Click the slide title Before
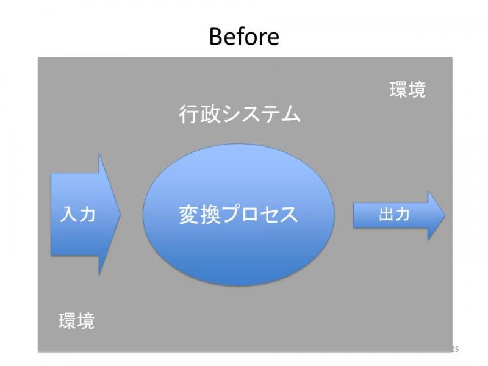(x=245, y=37)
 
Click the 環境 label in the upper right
(x=407, y=90)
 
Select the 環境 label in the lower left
(x=76, y=321)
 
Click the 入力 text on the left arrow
(x=77, y=215)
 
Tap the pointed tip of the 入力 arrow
(x=120, y=214)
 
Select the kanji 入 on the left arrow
(x=68, y=215)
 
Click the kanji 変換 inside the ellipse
(x=200, y=215)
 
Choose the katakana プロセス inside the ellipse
(x=260, y=215)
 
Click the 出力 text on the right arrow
(x=394, y=215)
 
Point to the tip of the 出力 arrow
(x=445, y=215)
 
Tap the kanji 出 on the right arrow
(x=386, y=215)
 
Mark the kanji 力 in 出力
(x=402, y=215)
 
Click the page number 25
(x=454, y=349)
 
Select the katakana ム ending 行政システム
(x=291, y=114)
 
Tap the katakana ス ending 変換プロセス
(x=289, y=215)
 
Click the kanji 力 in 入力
(x=87, y=215)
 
